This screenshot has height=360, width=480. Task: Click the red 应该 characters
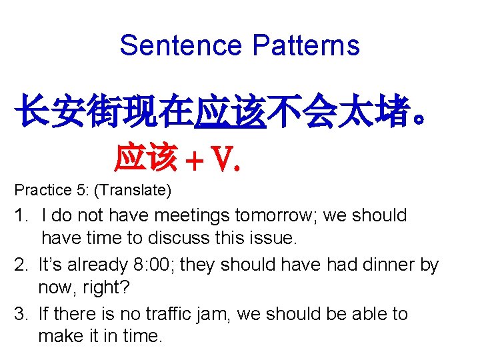146,157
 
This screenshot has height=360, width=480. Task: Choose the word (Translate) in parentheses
133,191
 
